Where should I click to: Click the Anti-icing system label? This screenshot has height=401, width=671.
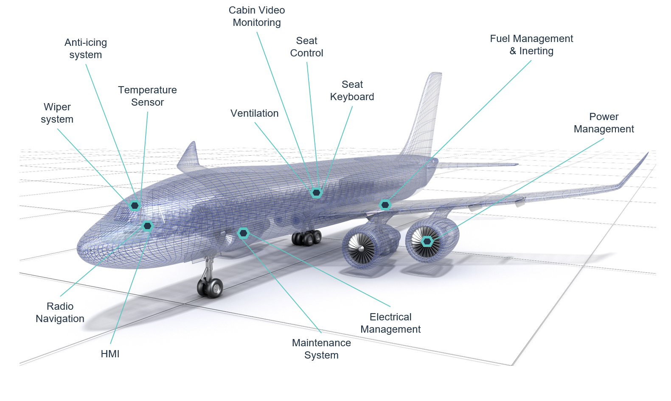[x=86, y=48]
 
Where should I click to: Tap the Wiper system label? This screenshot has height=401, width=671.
[x=57, y=113]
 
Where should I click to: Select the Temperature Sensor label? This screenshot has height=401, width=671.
[x=147, y=96]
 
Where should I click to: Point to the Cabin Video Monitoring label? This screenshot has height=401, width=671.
[x=257, y=16]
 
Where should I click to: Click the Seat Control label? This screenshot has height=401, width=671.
[x=306, y=47]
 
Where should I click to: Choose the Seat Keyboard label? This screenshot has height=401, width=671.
[x=352, y=90]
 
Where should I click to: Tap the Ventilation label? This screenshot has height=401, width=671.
[x=254, y=113]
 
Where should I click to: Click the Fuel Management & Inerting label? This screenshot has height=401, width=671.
[x=531, y=45]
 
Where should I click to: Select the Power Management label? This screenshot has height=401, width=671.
[x=604, y=123]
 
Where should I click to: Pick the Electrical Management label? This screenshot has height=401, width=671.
[x=390, y=323]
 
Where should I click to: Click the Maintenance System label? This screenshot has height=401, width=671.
[x=321, y=349]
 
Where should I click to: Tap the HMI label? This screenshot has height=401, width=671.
[x=110, y=354]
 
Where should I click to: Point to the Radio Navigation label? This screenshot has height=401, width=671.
[x=60, y=312]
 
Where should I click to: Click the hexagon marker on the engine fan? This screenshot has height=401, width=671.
[x=427, y=241]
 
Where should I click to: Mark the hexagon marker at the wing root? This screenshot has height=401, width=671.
[x=385, y=205]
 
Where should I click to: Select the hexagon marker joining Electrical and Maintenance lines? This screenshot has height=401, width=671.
[x=244, y=233]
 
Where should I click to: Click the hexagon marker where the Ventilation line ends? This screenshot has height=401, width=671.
[x=316, y=193]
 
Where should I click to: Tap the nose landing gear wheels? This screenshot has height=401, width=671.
[x=210, y=288]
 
